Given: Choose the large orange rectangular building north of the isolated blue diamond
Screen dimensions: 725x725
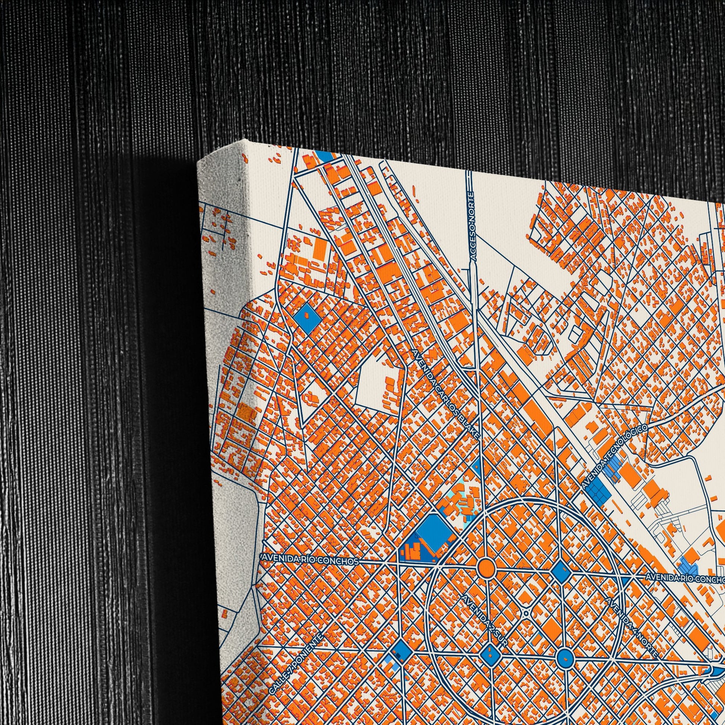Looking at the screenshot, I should pos(320,249).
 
